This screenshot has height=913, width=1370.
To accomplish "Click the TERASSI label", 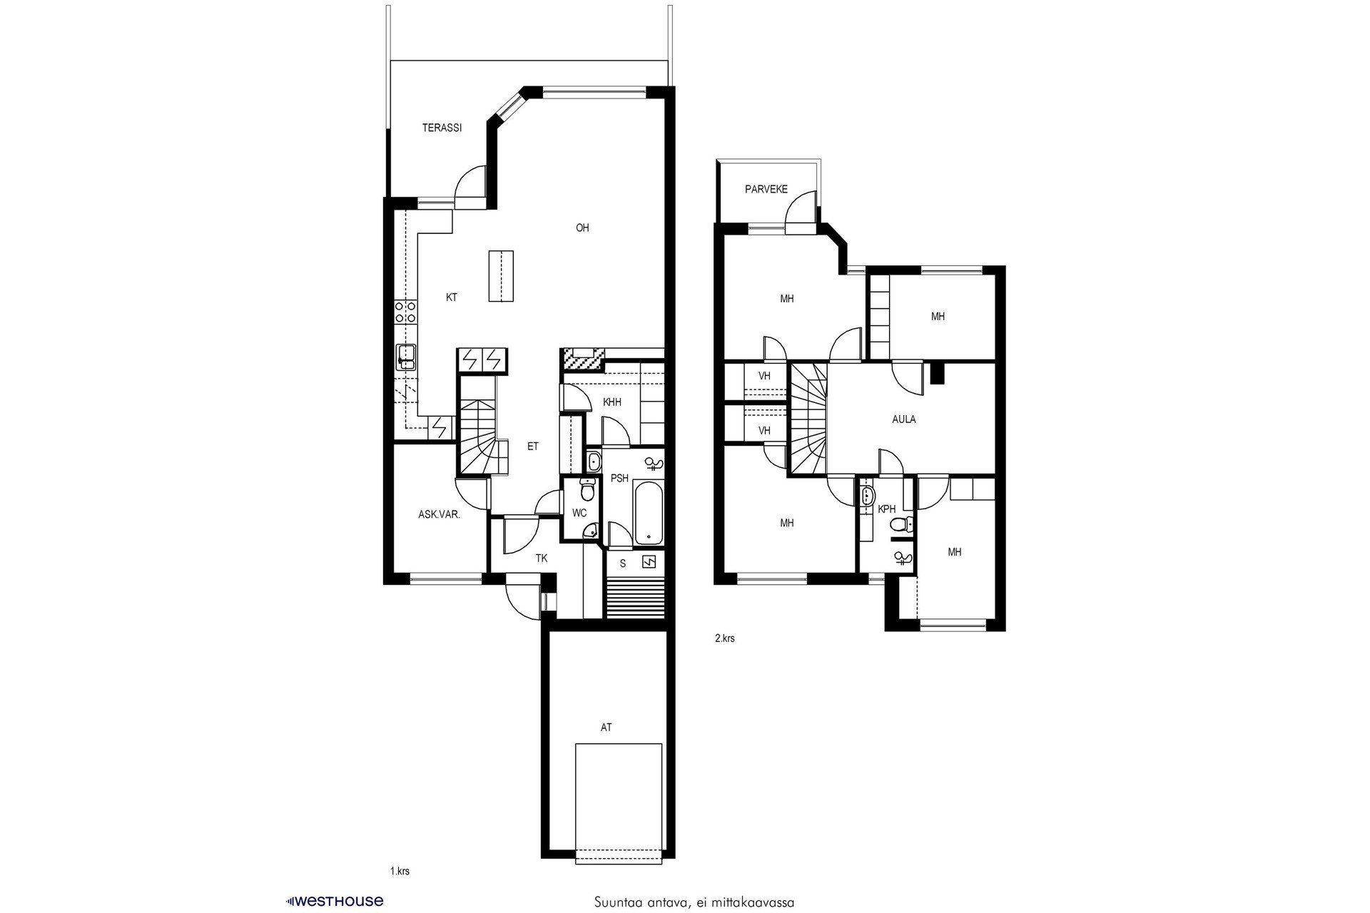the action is tap(442, 128).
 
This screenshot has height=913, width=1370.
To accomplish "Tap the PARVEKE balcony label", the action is tap(766, 190).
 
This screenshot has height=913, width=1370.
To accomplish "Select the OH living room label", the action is tap(582, 228).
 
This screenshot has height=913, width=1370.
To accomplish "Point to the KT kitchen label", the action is tap(452, 298).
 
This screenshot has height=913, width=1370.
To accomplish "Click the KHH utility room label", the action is tap(612, 402).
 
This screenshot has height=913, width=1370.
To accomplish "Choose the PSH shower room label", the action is tap(619, 479).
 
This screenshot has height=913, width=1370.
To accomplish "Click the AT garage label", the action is tap(606, 728).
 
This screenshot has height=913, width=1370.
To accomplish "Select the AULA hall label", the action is tap(904, 419).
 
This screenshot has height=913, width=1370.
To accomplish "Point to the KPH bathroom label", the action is tap(887, 509).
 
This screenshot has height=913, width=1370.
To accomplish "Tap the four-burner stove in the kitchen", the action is tap(405, 312).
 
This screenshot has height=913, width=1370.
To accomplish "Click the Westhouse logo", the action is tap(334, 901).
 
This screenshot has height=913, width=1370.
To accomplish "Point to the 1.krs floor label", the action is tap(400, 872).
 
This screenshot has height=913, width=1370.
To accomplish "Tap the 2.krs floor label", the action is tap(724, 638).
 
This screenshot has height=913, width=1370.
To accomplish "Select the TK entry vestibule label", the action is tap(542, 558).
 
